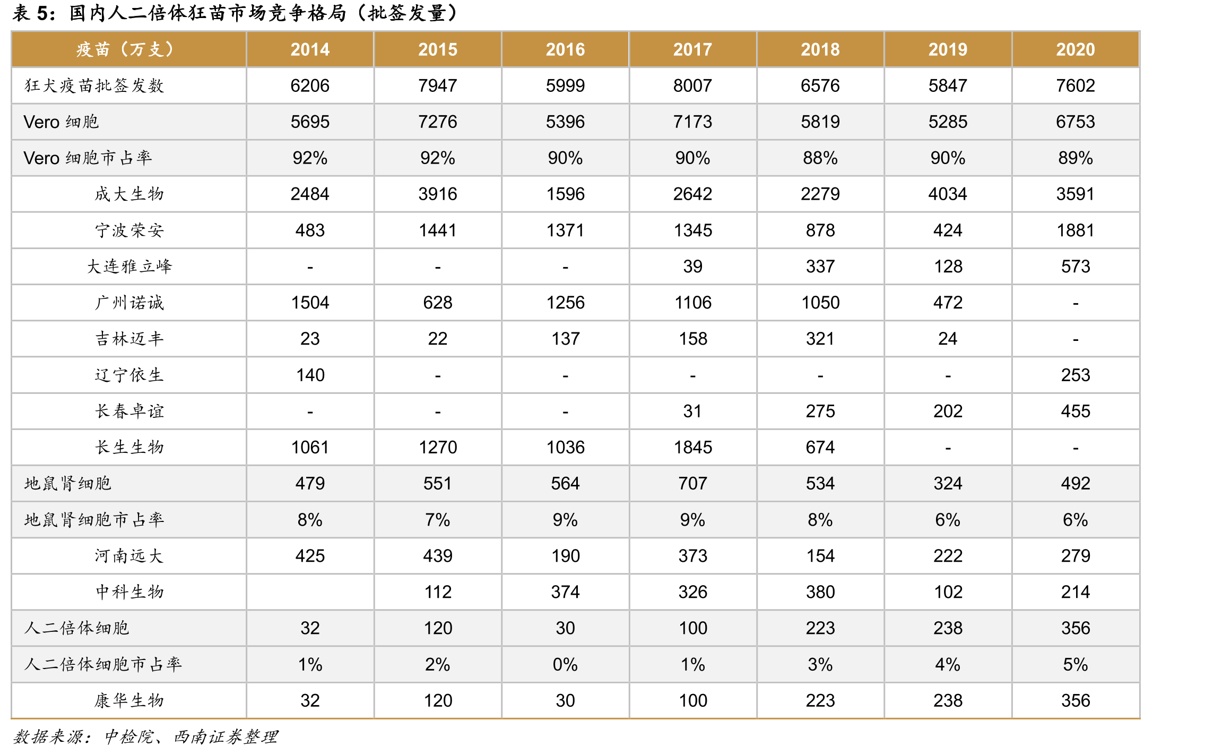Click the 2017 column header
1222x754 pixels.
coord(692,49)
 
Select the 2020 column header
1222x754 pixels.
coord(1075,49)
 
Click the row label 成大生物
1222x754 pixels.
coord(129,194)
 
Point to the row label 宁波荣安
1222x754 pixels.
coord(129,230)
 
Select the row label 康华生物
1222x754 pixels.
coord(129,700)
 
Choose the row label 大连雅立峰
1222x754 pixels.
coord(129,267)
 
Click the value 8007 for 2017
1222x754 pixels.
coord(692,85)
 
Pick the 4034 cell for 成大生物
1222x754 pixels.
coord(948,194)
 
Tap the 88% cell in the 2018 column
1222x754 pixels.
coord(820,158)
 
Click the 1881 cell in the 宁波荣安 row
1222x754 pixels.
coord(1075,230)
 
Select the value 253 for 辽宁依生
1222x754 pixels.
coord(1075,375)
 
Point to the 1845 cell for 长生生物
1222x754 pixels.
coord(692,447)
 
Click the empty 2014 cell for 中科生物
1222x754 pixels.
coord(310,592)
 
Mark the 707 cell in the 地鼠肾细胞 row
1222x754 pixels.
coord(692,483)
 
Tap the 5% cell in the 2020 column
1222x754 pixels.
coord(1075,664)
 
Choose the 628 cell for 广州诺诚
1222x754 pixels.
coord(438,303)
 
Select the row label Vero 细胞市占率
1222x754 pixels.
coord(88,158)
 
